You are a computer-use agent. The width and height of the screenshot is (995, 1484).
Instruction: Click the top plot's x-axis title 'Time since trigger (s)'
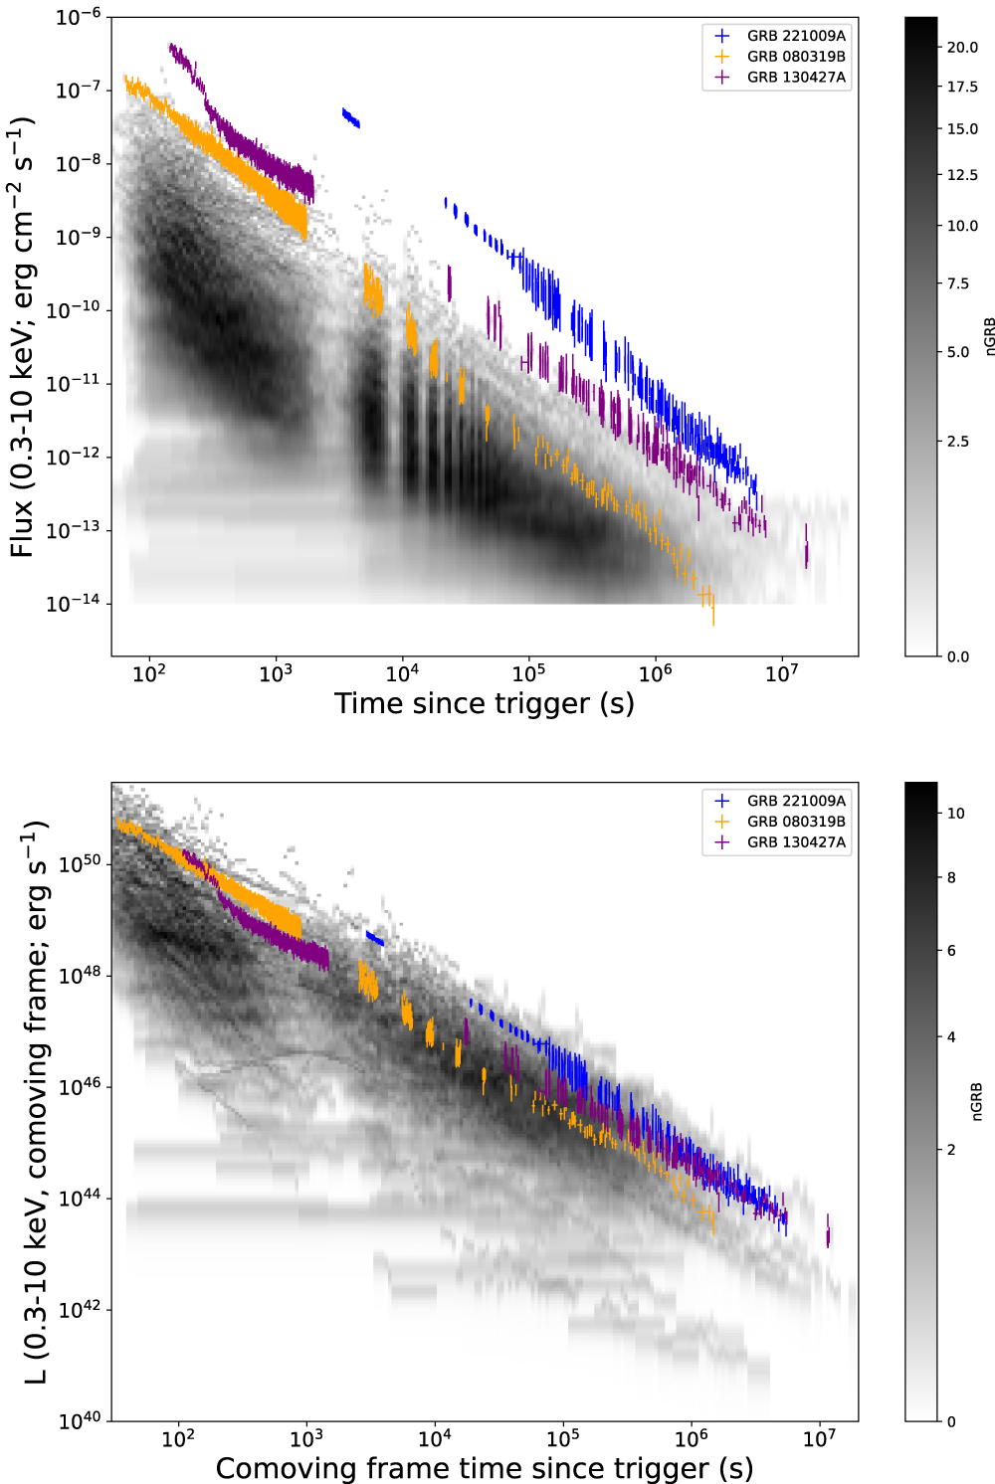484,704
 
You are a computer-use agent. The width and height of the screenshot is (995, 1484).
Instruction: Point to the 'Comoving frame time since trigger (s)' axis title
484,1468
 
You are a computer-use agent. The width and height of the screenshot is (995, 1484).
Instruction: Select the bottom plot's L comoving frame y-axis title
36,1102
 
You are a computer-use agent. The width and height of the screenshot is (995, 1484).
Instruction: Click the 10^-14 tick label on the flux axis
74,604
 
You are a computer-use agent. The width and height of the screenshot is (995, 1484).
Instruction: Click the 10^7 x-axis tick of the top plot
781,673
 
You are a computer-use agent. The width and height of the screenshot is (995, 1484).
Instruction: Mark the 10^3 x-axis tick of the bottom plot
306,1438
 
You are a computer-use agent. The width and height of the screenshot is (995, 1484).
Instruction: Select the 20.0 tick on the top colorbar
962,47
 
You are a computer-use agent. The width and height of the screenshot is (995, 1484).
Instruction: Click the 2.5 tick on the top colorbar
957,442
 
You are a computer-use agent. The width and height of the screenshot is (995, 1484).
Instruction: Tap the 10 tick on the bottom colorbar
955,814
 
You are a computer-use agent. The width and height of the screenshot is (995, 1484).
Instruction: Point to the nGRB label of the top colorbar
989,336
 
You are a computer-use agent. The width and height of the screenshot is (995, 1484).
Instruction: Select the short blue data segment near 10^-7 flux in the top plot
350,118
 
